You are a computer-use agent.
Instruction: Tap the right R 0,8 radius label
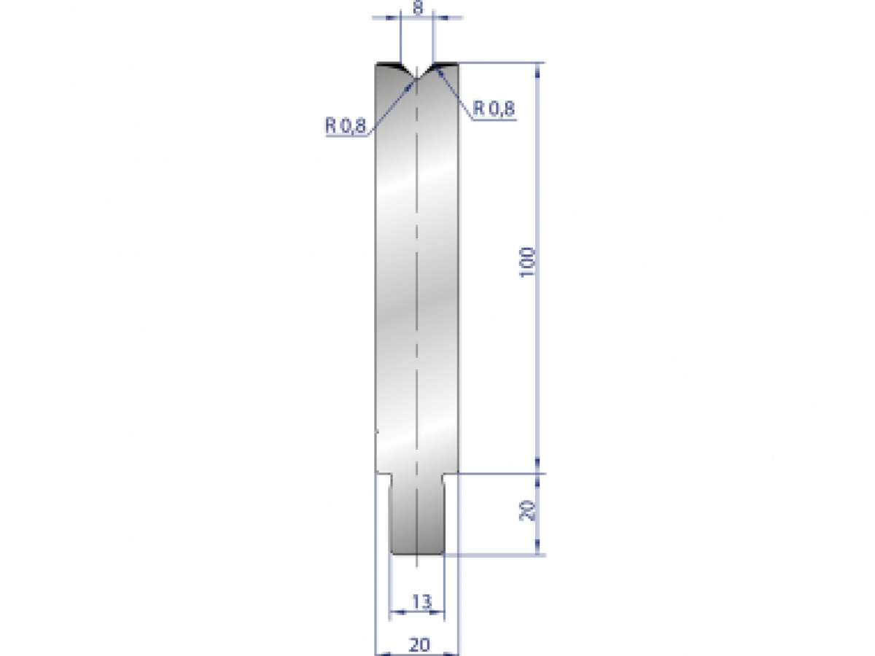tap(494, 109)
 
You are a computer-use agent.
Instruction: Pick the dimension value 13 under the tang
tap(421, 601)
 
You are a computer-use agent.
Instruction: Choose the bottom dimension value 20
tap(419, 644)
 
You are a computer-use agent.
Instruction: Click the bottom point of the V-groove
tap(416, 79)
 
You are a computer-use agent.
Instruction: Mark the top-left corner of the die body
tap(376, 64)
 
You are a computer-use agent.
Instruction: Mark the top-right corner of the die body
tap(457, 64)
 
